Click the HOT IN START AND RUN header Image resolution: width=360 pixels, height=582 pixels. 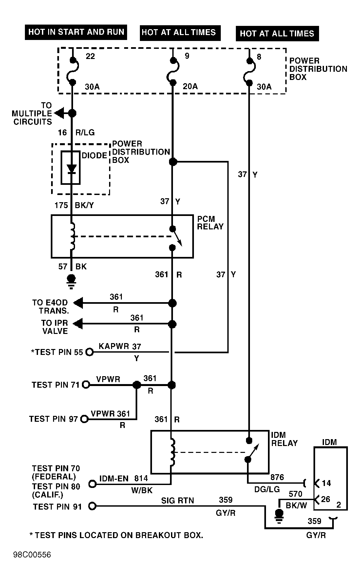(x=76, y=32)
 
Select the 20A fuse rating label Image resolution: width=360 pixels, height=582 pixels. (x=190, y=86)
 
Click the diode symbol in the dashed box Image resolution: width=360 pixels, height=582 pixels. (x=71, y=168)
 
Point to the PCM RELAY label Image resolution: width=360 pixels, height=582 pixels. (x=210, y=223)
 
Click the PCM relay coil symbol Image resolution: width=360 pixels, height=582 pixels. (x=72, y=236)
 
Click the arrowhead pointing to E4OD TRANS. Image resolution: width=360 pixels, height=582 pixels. (x=78, y=303)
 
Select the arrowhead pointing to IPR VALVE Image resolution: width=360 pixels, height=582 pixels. (x=78, y=324)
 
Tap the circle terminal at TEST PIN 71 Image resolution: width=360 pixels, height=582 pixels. (x=86, y=385)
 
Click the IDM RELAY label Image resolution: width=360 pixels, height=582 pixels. (x=284, y=439)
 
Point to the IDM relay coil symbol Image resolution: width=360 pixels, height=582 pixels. (x=172, y=452)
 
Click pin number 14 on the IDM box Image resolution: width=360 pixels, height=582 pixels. (x=326, y=483)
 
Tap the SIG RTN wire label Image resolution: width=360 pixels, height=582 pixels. (x=177, y=501)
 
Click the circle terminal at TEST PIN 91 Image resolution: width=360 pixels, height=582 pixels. (x=92, y=507)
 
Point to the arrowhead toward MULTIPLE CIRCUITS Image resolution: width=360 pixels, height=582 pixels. (x=59, y=113)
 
